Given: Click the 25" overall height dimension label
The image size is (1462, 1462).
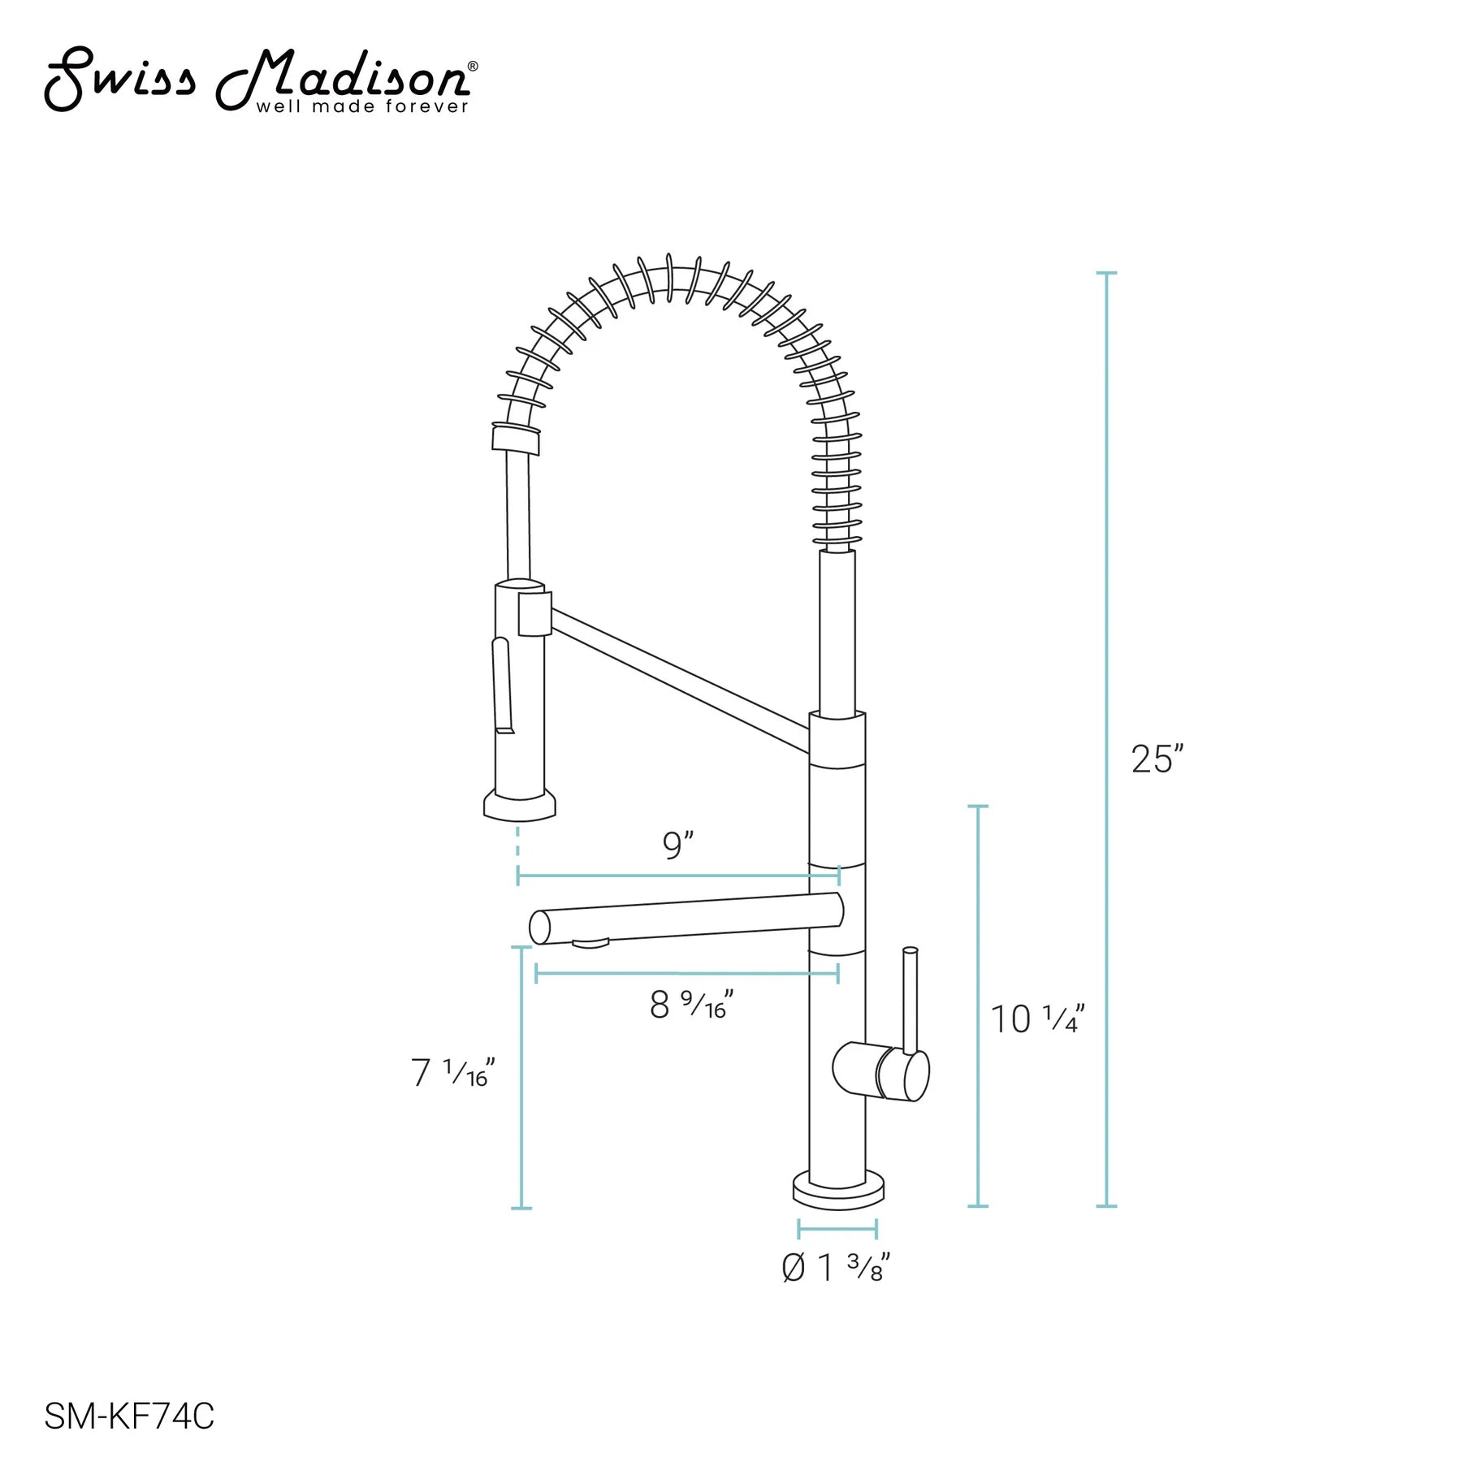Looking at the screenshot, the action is point(1157,759).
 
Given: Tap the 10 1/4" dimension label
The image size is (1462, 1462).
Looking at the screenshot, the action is point(1037,1019).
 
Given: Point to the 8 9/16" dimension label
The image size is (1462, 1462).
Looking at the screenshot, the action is point(691,1004).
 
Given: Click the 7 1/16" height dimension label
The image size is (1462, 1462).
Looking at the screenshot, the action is point(452,1072).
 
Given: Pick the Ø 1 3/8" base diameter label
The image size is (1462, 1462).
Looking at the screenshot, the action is point(836,1268).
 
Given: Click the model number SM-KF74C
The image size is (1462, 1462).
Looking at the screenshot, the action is point(129,1417).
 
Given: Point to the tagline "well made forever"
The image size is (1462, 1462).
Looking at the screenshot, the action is point(362,106).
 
